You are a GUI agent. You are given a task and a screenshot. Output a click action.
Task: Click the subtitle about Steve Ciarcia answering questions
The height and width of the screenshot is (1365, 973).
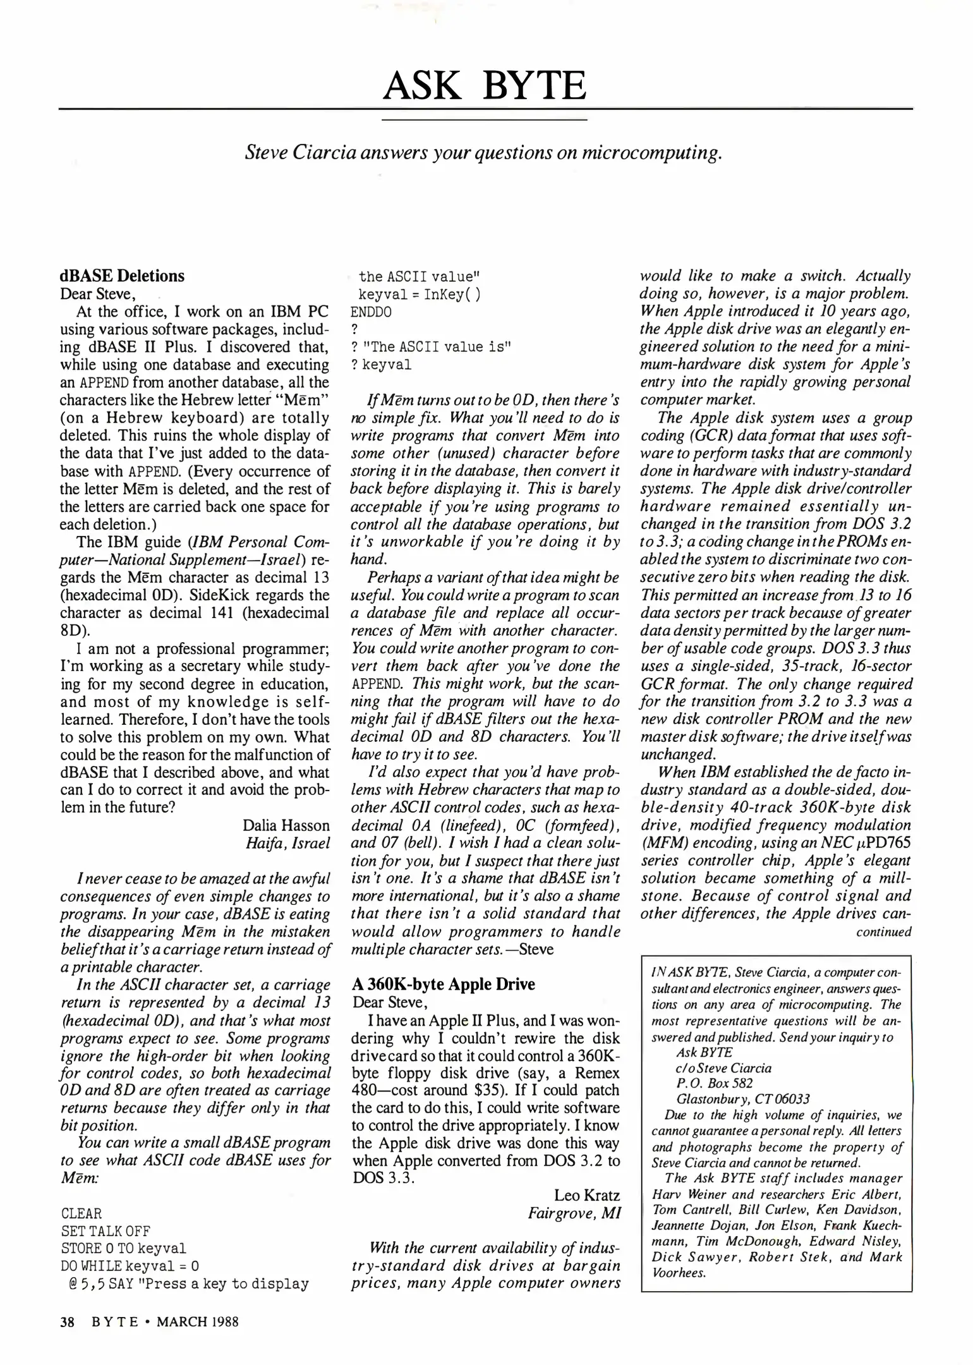[483, 154]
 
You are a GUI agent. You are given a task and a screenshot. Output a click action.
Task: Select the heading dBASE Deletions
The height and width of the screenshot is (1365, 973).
[122, 276]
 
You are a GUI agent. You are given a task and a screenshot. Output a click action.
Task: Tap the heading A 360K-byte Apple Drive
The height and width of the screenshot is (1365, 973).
[444, 984]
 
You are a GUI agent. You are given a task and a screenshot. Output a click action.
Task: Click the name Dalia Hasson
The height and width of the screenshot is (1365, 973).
[286, 825]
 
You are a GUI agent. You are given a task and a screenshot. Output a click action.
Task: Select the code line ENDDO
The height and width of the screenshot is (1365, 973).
[371, 312]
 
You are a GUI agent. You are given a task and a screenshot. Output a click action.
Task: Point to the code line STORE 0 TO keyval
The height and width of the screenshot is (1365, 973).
[123, 1248]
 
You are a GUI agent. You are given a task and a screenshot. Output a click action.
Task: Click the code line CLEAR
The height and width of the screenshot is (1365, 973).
[82, 1213]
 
